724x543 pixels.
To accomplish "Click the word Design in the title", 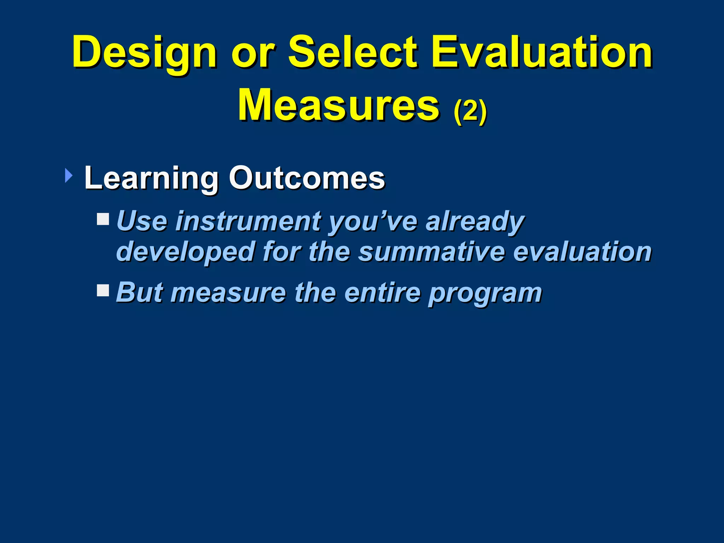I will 144,53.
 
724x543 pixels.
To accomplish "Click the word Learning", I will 151,179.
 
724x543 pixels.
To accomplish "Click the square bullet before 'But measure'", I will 103,291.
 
